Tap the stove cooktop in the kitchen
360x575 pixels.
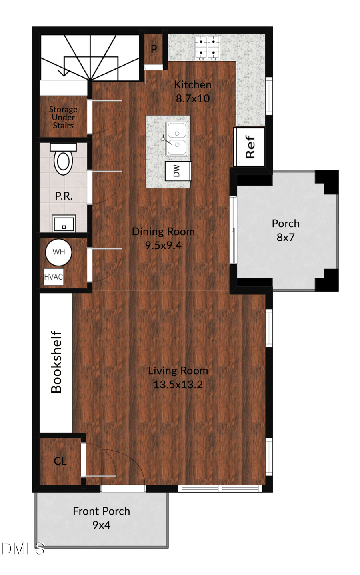(x=207, y=48)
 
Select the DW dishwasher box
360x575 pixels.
(x=178, y=171)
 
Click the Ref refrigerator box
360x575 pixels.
(x=249, y=147)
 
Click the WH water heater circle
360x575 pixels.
(x=58, y=252)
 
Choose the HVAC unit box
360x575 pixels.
(x=53, y=277)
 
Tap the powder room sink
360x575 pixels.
(x=64, y=223)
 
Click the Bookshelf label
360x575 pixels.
(x=56, y=362)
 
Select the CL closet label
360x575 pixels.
(x=60, y=461)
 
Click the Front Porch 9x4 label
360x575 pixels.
(x=101, y=518)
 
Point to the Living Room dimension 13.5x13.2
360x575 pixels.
(x=178, y=385)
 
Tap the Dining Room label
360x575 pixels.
(x=163, y=232)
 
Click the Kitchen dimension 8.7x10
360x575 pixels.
(x=192, y=98)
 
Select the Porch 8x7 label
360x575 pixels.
(x=286, y=230)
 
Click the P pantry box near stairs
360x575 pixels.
(x=154, y=49)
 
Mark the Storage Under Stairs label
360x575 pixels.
(x=63, y=117)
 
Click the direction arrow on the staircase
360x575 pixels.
(x=63, y=72)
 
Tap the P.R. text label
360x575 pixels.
(x=64, y=196)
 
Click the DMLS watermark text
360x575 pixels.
(x=22, y=549)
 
